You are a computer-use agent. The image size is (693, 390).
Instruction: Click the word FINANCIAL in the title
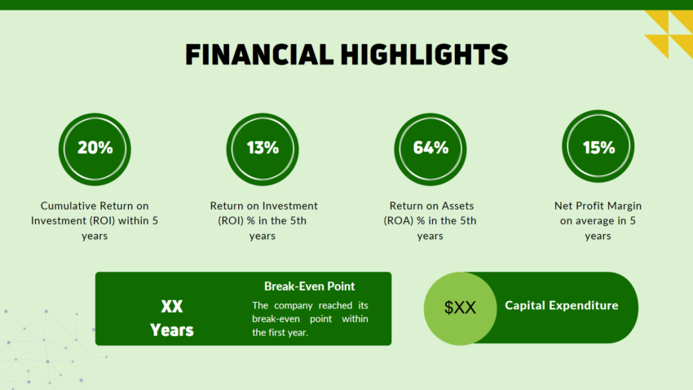[x=257, y=54]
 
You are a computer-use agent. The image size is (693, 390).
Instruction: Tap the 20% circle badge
[x=95, y=148]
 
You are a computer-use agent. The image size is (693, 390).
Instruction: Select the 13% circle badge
[x=263, y=148]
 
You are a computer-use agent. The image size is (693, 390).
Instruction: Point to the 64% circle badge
[x=430, y=148]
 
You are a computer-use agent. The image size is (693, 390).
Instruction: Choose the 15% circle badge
[x=598, y=148]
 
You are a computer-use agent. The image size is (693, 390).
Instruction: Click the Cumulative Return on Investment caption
[x=95, y=220]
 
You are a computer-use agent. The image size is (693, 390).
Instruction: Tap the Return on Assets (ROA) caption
[x=430, y=220]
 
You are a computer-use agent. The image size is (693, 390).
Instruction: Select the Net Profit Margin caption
[x=598, y=220]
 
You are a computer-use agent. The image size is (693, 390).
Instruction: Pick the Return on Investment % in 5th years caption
[x=263, y=220]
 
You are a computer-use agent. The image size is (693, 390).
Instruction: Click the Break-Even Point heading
[x=310, y=286]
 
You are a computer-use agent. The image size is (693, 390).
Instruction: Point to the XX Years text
[x=172, y=318]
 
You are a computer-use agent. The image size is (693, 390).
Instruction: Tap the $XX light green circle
[x=460, y=308]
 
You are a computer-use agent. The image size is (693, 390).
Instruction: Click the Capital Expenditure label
[x=561, y=306]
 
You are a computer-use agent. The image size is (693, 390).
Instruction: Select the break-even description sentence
[x=310, y=318]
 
